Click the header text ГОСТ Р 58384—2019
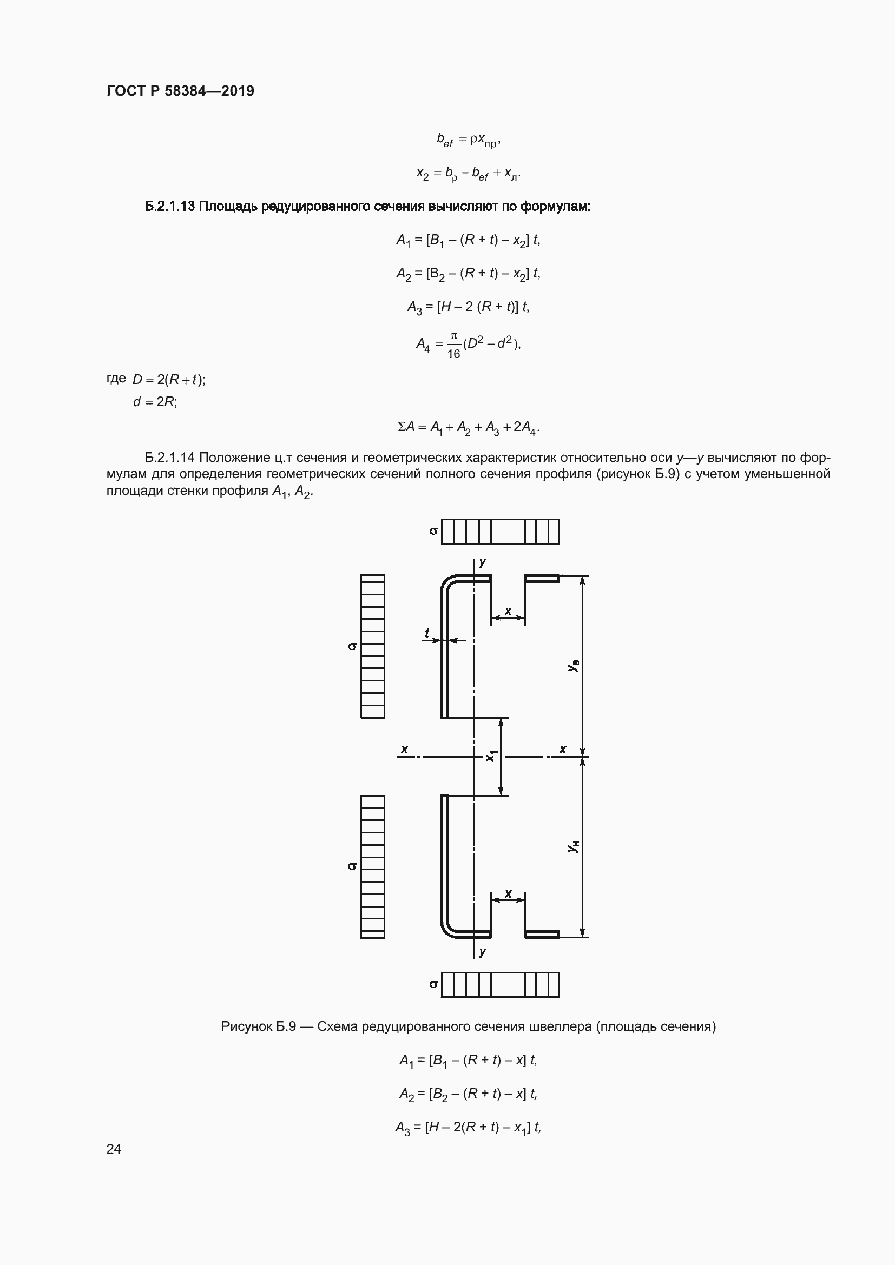tap(180, 91)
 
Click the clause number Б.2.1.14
tap(170, 458)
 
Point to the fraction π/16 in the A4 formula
tap(453, 345)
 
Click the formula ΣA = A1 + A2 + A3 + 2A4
tap(469, 428)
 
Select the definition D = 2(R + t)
tap(169, 380)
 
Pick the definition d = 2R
tap(155, 402)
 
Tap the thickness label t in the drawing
tap(426, 634)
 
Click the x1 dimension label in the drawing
tap(491, 757)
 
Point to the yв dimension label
tap(574, 666)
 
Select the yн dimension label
tap(574, 846)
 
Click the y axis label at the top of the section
tap(483, 562)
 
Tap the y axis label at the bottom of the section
tap(483, 951)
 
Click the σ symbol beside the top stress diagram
tap(434, 531)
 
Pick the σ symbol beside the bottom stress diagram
tap(434, 984)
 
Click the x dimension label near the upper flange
tap(508, 611)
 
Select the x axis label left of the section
tap(405, 749)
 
